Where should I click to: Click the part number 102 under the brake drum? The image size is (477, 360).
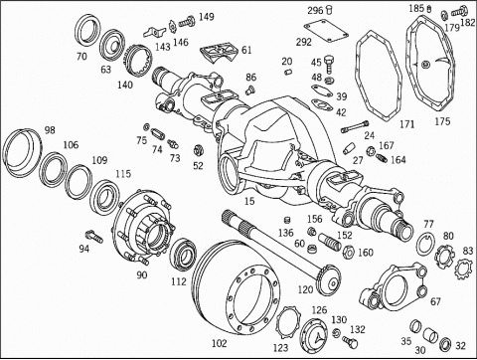tap(219, 343)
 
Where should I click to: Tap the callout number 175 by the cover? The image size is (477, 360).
tap(442, 121)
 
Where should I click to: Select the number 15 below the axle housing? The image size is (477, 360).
tap(249, 201)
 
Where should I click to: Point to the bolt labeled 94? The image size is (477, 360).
tap(94, 237)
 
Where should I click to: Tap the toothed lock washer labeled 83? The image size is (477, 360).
tap(462, 268)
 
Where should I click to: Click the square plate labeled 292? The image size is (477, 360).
tap(326, 32)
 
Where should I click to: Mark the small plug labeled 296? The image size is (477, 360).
tap(329, 9)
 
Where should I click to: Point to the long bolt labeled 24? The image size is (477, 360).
tap(355, 126)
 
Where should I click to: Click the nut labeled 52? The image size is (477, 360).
tap(198, 150)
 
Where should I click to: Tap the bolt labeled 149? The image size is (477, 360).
tap(187, 22)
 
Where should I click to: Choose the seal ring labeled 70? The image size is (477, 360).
tap(88, 31)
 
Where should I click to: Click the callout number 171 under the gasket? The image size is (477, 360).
tap(407, 124)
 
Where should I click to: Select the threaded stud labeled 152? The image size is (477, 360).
tap(330, 243)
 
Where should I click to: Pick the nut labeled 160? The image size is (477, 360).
tap(349, 252)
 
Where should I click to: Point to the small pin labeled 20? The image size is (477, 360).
tap(288, 72)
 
